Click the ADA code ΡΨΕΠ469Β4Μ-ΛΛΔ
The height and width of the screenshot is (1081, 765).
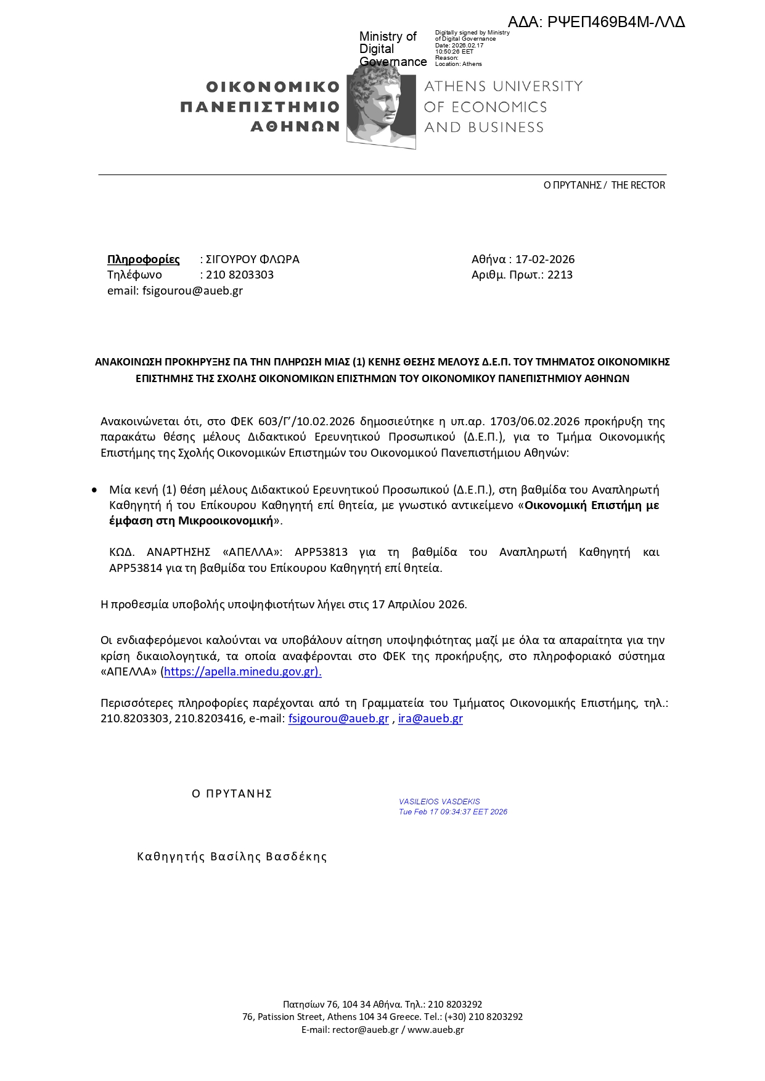(x=616, y=23)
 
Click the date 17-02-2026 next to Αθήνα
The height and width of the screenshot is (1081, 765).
(x=545, y=259)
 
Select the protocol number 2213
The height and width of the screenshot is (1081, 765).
(x=560, y=275)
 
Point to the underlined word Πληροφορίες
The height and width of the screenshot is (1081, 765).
(x=144, y=259)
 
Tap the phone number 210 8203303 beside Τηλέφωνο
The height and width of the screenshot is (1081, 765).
(x=240, y=275)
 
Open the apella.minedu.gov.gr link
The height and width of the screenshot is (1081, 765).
(x=242, y=672)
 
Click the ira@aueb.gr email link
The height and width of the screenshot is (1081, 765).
(x=430, y=719)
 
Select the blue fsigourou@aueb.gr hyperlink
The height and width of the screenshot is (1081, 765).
(x=338, y=719)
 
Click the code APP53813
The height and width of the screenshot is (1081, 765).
(x=321, y=552)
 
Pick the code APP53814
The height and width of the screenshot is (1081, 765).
(x=136, y=568)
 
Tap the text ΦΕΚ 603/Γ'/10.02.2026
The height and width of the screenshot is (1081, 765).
(x=293, y=422)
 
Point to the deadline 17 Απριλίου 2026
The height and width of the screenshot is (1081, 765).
(x=419, y=605)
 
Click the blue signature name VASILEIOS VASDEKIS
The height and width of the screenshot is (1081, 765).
(x=439, y=802)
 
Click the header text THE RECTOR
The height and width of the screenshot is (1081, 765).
(x=638, y=186)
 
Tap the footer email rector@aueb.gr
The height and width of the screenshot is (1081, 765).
(x=365, y=1030)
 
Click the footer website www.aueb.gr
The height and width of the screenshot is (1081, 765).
(x=435, y=1030)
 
